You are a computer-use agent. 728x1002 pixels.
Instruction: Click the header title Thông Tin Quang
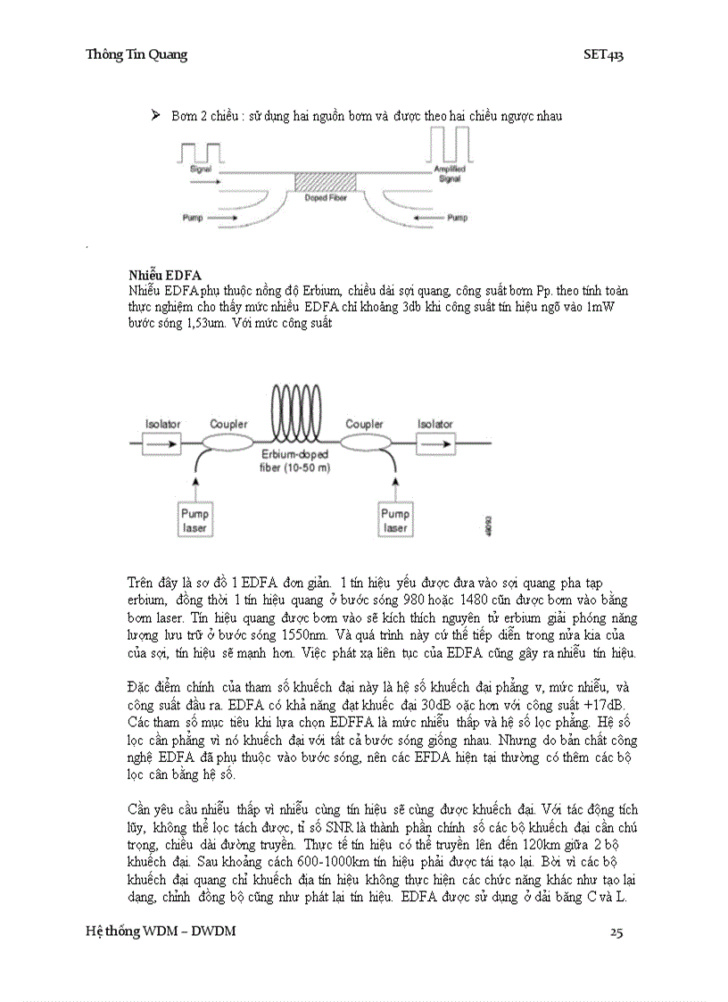[x=136, y=55]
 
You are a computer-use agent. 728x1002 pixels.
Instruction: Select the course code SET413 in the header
[x=603, y=55]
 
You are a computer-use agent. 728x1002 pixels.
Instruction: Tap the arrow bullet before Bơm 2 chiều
[x=155, y=115]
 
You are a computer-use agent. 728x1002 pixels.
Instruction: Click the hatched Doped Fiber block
[x=325, y=181]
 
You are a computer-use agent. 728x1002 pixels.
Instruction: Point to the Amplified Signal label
[x=449, y=172]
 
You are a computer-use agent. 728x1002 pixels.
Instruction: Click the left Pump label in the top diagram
[x=193, y=217]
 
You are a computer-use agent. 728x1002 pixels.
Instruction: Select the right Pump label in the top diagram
[x=457, y=217]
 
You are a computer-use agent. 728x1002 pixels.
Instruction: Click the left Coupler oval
[x=228, y=442]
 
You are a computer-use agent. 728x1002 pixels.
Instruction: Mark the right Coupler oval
[x=364, y=442]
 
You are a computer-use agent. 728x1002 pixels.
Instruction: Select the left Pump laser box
[x=194, y=520]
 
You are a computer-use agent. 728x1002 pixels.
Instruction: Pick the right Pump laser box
[x=394, y=520]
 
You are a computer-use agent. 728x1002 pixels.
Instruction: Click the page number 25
[x=616, y=932]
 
